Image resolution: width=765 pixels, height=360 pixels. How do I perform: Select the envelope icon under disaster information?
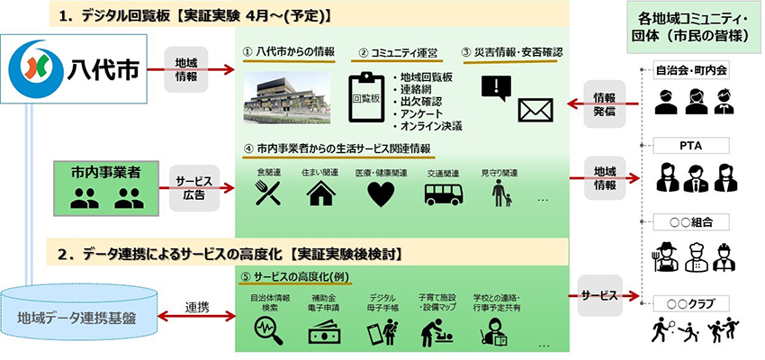(535, 110)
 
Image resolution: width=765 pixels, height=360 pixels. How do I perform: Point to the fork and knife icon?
(268, 193)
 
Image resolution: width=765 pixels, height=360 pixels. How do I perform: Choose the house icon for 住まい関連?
(321, 193)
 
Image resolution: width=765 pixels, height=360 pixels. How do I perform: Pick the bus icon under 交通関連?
(444, 193)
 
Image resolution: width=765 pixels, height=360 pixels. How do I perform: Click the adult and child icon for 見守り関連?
(501, 193)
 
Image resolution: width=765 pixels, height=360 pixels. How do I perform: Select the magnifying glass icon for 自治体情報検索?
(268, 330)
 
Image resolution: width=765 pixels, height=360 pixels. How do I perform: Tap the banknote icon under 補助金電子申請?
(324, 333)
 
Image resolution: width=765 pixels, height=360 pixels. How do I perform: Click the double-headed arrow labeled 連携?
(196, 317)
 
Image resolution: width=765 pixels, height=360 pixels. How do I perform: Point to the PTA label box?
(691, 146)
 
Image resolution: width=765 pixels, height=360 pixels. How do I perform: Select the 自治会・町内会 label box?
(691, 70)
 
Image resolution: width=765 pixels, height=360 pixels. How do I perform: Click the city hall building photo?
(287, 97)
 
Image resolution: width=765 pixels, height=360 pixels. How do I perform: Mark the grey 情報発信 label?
(604, 103)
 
